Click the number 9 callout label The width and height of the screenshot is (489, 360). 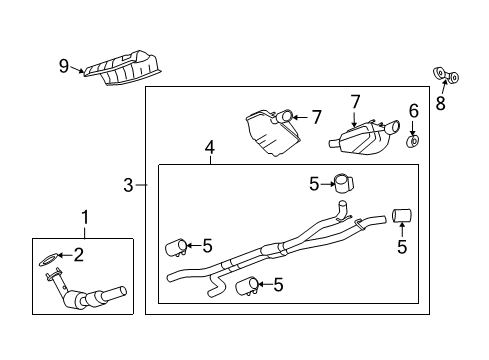pos(63,67)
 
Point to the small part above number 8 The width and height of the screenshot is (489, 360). pos(445,74)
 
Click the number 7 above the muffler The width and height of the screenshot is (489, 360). pos(354,101)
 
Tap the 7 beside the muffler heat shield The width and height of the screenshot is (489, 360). pos(315,118)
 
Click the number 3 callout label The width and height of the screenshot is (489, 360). pos(129,184)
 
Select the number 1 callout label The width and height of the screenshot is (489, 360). pos(85,216)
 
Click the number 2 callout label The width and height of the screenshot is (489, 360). pos(77,254)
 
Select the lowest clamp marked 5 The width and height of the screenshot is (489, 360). pos(247,288)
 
